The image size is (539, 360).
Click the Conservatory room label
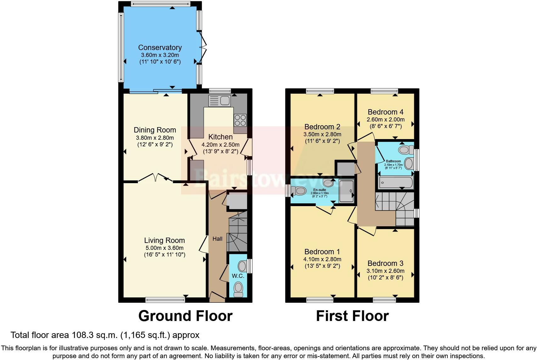click(x=160, y=48)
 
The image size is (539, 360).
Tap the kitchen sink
click(x=220, y=101)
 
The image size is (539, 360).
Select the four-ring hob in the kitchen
click(x=240, y=120)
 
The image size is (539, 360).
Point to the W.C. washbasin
click(x=242, y=266)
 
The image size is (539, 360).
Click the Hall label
click(x=217, y=239)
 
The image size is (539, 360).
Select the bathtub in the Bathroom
click(x=396, y=183)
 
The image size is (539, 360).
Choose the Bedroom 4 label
click(x=385, y=112)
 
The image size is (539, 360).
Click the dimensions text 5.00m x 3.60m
click(x=164, y=248)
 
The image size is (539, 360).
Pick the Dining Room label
click(x=155, y=130)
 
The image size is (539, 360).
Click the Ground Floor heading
click(x=185, y=316)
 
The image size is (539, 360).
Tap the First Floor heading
click(x=352, y=316)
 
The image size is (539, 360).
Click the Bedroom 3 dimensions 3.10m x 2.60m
click(x=385, y=271)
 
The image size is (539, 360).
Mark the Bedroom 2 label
click(x=322, y=127)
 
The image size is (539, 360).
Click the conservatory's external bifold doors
click(x=203, y=48)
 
